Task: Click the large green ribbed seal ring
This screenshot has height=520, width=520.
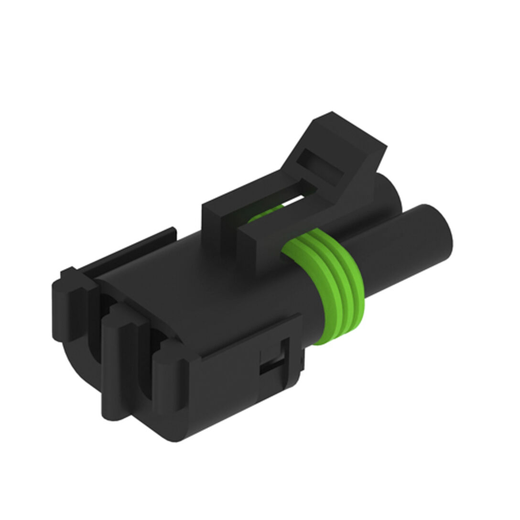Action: pos(325,287)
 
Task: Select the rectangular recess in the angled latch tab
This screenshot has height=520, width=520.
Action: pos(323,165)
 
